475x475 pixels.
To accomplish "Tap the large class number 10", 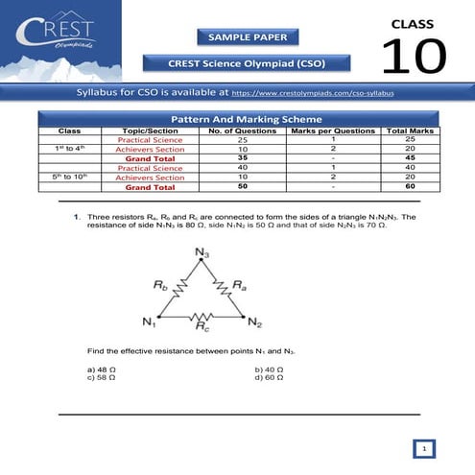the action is tap(414, 56).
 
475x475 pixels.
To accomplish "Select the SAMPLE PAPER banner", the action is tap(249, 37).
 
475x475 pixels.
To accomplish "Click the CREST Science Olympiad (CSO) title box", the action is tap(249, 63).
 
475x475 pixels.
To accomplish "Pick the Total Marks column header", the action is tap(411, 130).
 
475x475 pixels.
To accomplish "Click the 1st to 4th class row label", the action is tap(69, 149).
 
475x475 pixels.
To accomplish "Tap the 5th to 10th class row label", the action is tap(69, 178).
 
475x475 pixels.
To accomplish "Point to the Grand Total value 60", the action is tap(411, 187).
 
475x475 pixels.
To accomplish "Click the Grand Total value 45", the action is tap(411, 158).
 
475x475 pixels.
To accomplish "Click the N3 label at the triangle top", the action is tap(201, 252).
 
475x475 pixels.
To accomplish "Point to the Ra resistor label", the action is tap(238, 285).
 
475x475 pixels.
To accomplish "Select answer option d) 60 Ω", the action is tap(270, 377).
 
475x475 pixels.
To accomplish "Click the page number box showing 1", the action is tap(424, 448).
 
